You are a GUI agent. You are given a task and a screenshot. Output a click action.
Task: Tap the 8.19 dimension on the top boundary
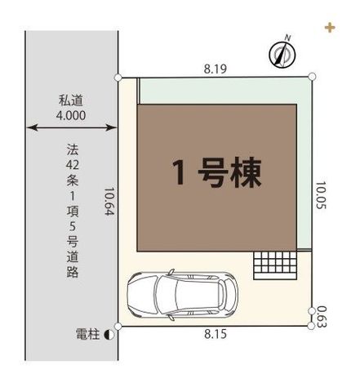tap(216, 69)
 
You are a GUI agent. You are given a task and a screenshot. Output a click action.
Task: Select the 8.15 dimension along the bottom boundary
tap(216, 334)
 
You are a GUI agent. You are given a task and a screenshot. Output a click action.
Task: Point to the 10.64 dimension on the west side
tap(109, 201)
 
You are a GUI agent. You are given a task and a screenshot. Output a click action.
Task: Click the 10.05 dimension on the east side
tap(321, 195)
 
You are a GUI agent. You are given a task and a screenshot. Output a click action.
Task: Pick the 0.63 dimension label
tap(322, 317)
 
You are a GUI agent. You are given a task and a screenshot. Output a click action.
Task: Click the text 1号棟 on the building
tap(217, 172)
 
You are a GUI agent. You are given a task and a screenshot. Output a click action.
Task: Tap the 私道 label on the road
tap(71, 100)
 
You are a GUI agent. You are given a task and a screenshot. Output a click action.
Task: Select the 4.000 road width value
tap(71, 116)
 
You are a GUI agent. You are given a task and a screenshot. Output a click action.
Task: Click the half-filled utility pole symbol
tap(109, 335)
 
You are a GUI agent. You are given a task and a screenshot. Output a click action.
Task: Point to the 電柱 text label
tap(87, 334)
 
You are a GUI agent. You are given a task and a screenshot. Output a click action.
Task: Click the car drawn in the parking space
tap(182, 295)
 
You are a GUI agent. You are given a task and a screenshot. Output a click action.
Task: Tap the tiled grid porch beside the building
tap(275, 265)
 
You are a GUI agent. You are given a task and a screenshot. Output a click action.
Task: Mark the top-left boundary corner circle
tap(118, 78)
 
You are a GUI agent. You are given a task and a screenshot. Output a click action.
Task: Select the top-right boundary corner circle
tap(312, 77)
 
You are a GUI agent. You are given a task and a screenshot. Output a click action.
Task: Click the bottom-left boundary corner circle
tap(118, 326)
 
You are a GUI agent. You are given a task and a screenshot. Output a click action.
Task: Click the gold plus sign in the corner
tap(330, 28)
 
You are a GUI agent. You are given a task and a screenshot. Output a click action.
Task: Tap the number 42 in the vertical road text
tap(73, 165)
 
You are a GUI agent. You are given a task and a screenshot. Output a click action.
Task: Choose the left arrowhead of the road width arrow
tap(32, 127)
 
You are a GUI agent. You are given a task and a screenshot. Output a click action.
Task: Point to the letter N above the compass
tap(288, 38)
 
